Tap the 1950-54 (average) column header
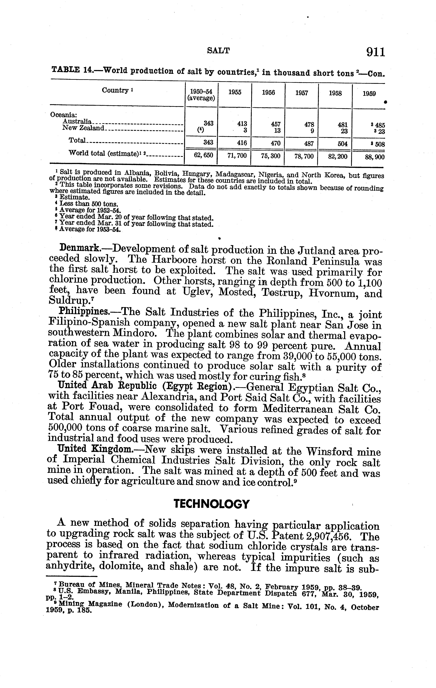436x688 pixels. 201,95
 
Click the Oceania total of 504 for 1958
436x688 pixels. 342,144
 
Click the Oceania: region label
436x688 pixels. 63,115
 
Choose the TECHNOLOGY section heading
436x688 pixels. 212,504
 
